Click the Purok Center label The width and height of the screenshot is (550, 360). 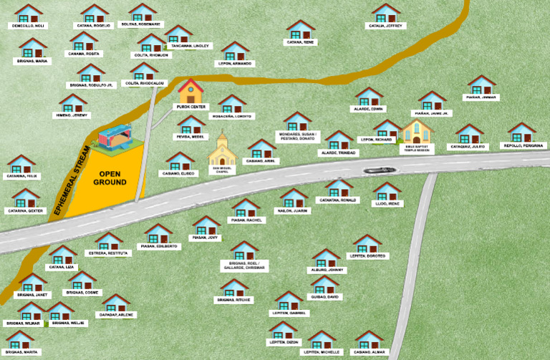point(191,106)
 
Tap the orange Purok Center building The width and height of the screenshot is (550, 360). point(190,91)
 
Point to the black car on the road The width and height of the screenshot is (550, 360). point(378,170)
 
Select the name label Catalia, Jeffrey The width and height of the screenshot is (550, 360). point(387,26)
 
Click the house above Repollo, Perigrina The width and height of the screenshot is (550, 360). point(522,132)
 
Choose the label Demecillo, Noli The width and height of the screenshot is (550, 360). point(28,26)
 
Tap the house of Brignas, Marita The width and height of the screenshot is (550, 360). point(20,339)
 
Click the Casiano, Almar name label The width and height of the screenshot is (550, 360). point(370,352)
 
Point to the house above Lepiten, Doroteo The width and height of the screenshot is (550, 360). point(367,243)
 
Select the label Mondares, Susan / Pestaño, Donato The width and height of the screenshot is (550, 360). point(296,136)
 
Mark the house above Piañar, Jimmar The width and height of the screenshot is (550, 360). point(481,84)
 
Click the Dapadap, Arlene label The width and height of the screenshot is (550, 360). point(116,314)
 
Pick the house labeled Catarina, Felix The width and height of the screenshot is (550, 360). point(22,164)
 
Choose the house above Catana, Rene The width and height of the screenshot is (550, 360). point(301,29)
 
